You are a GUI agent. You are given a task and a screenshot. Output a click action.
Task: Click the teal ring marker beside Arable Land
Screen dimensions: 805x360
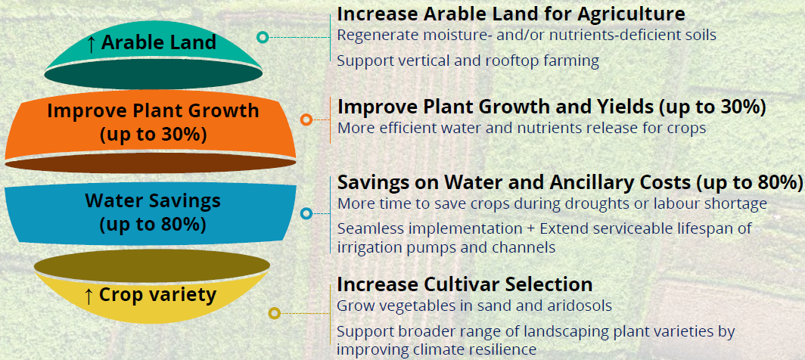(x=263, y=37)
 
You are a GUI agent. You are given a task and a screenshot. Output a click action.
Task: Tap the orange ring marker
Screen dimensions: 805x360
(x=306, y=119)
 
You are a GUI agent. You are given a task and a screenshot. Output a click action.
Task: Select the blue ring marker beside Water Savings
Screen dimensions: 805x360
(x=306, y=213)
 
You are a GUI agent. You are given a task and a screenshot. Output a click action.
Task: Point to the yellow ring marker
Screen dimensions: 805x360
(x=275, y=313)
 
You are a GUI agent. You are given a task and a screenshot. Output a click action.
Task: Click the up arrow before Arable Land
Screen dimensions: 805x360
(x=91, y=43)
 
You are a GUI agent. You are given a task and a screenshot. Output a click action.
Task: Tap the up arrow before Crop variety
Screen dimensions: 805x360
(x=89, y=295)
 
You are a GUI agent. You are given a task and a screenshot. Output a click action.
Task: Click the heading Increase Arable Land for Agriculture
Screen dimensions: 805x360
(x=511, y=14)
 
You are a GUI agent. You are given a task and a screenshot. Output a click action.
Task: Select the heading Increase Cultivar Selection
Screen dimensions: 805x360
(x=465, y=284)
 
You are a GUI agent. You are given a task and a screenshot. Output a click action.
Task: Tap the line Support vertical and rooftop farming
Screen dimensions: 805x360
(x=468, y=61)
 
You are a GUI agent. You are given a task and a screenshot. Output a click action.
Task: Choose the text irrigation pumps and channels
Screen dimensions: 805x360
(x=446, y=247)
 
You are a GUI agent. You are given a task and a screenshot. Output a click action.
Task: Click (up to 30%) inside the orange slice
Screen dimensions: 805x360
(x=153, y=134)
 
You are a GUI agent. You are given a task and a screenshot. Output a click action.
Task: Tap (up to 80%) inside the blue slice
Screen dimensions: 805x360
(x=153, y=225)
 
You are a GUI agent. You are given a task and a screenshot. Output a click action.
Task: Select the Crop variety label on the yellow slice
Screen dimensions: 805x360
(x=157, y=295)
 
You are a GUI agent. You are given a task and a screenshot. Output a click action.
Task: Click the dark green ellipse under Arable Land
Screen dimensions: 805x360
(x=153, y=75)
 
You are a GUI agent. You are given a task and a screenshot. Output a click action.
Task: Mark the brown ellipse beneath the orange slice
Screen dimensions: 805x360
(x=150, y=163)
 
